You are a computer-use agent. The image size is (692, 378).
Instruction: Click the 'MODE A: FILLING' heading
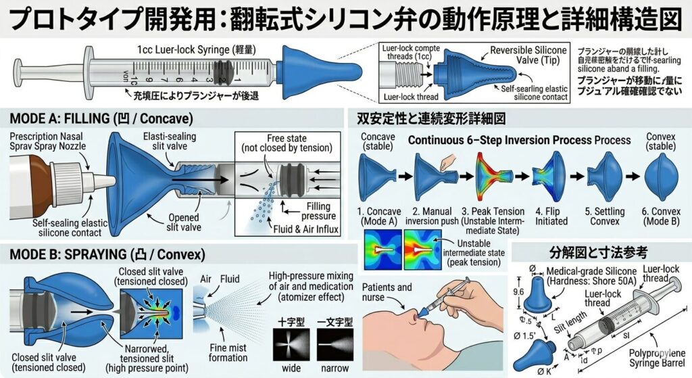[101, 118]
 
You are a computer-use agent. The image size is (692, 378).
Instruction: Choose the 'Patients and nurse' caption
[386, 293]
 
